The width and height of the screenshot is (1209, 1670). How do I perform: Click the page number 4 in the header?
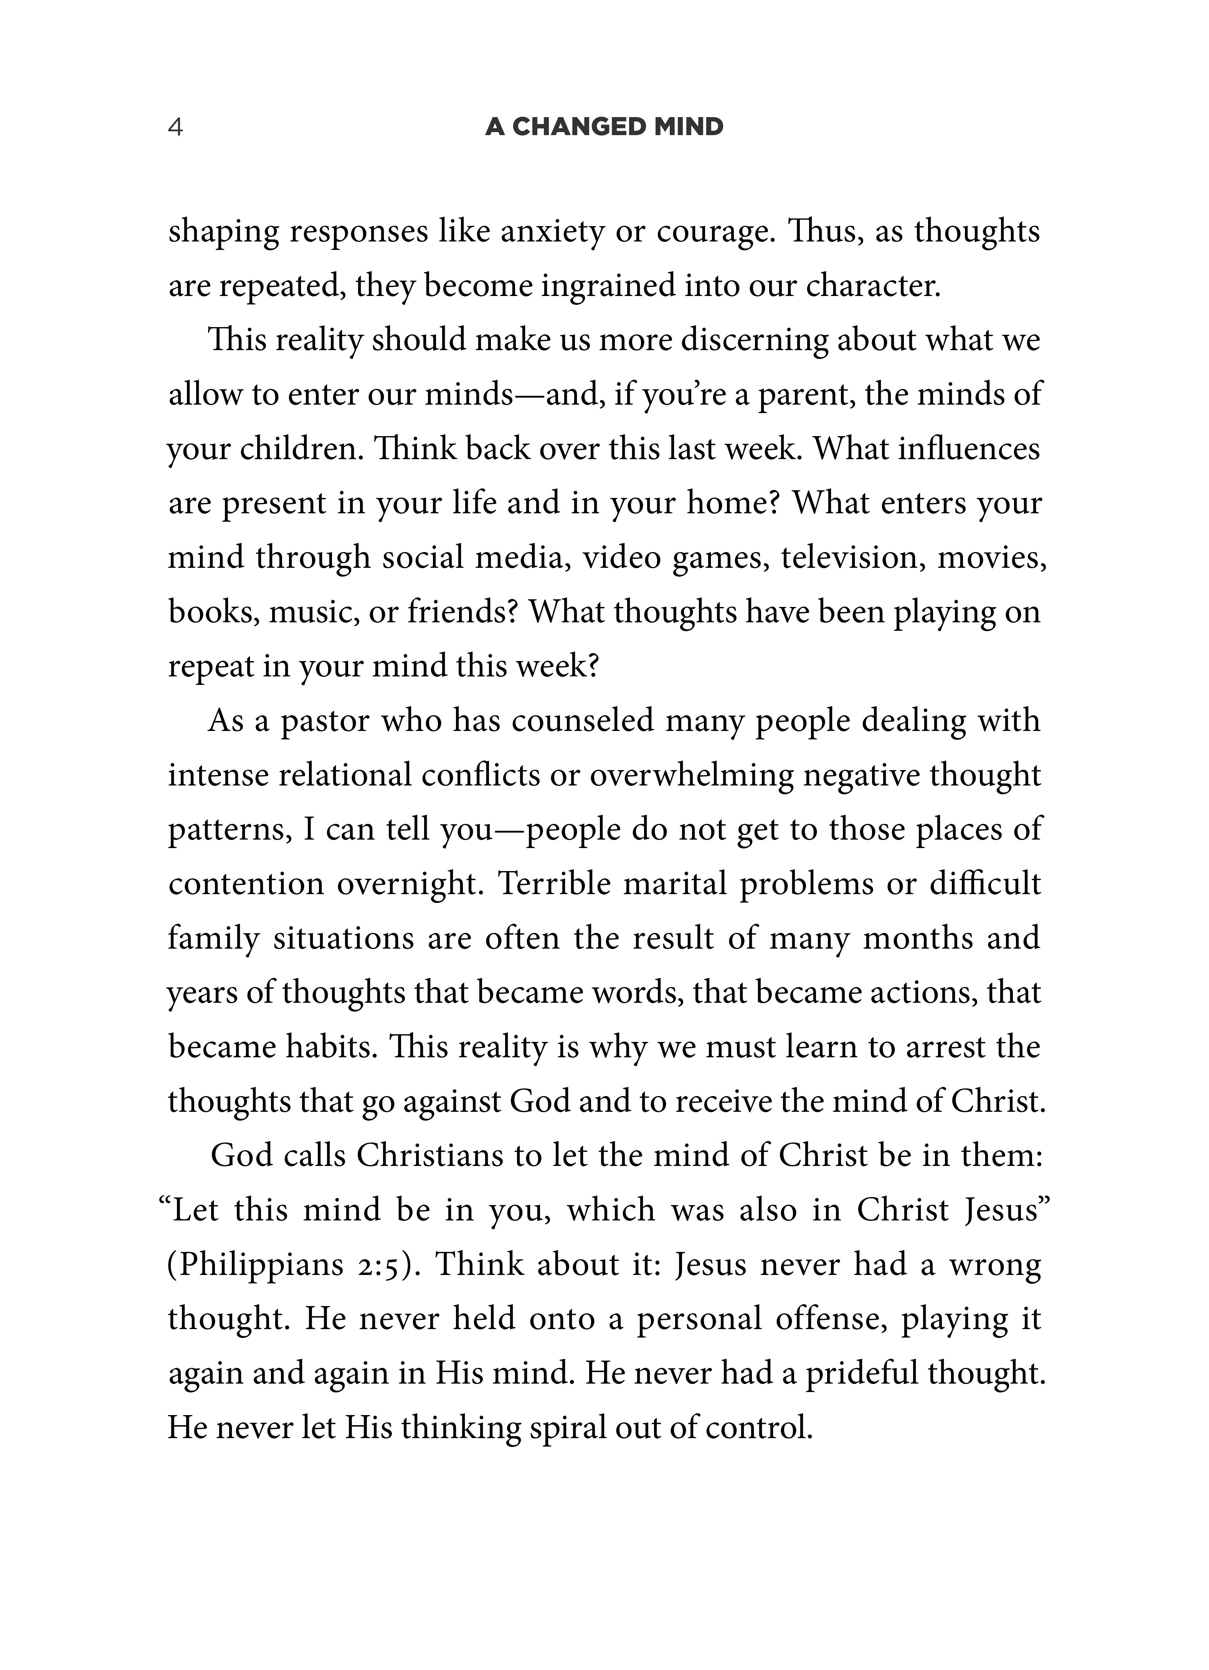[x=175, y=127]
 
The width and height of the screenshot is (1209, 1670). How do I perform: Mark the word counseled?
[x=582, y=721]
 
